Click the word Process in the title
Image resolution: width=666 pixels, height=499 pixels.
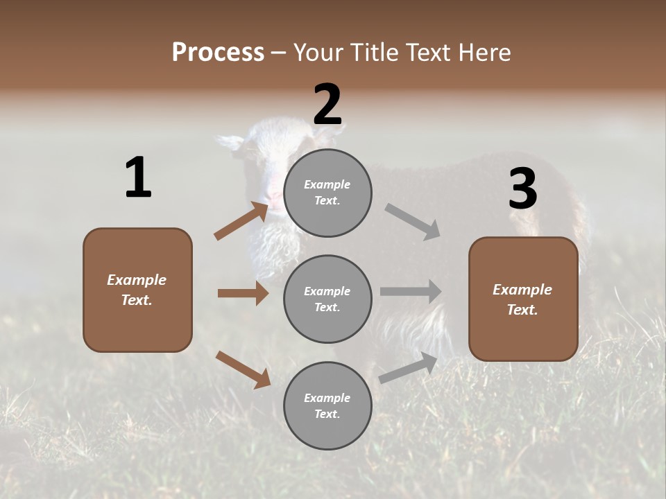click(x=218, y=52)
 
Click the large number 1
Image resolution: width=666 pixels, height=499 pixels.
click(x=138, y=177)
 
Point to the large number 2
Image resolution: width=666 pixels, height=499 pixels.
click(x=327, y=105)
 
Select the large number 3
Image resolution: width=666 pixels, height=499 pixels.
click(x=522, y=189)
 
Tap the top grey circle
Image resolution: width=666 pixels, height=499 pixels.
click(x=327, y=193)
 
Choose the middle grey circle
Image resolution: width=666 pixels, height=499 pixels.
click(x=327, y=299)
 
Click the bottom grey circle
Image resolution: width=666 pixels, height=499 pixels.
click(x=327, y=406)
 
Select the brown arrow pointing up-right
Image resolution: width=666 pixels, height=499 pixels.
click(x=241, y=220)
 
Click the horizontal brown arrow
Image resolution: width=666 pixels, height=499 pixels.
click(x=243, y=293)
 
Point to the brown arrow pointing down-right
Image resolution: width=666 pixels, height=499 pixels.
click(x=243, y=369)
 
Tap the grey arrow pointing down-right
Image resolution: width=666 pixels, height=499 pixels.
click(x=413, y=222)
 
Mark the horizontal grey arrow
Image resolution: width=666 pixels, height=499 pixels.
click(x=411, y=292)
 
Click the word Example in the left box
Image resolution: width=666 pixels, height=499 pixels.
click(x=137, y=280)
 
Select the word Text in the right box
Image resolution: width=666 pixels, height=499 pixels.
click(x=522, y=310)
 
